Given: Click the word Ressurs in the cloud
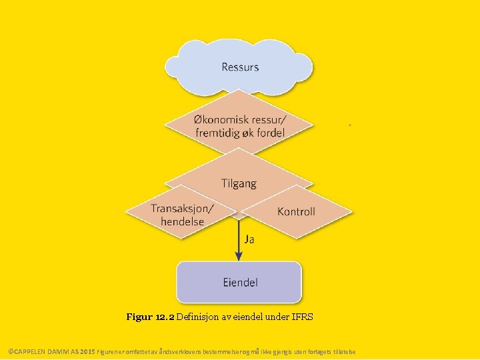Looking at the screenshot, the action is (240, 67).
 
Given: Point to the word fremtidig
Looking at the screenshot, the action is (218, 133).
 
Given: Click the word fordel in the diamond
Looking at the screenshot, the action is (269, 133).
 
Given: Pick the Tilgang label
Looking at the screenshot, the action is (239, 183).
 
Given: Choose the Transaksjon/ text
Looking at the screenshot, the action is (183, 208).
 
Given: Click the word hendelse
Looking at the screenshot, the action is (183, 221).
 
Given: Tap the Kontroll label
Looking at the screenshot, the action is (296, 212).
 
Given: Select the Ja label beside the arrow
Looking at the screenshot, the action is (248, 239).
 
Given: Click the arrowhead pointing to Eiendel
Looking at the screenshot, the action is (239, 255).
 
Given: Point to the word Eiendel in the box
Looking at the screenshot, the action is (240, 282).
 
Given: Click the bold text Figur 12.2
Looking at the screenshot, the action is (150, 317).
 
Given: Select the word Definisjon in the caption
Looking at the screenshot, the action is (201, 317).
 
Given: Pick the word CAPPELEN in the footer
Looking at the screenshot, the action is (29, 351).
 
